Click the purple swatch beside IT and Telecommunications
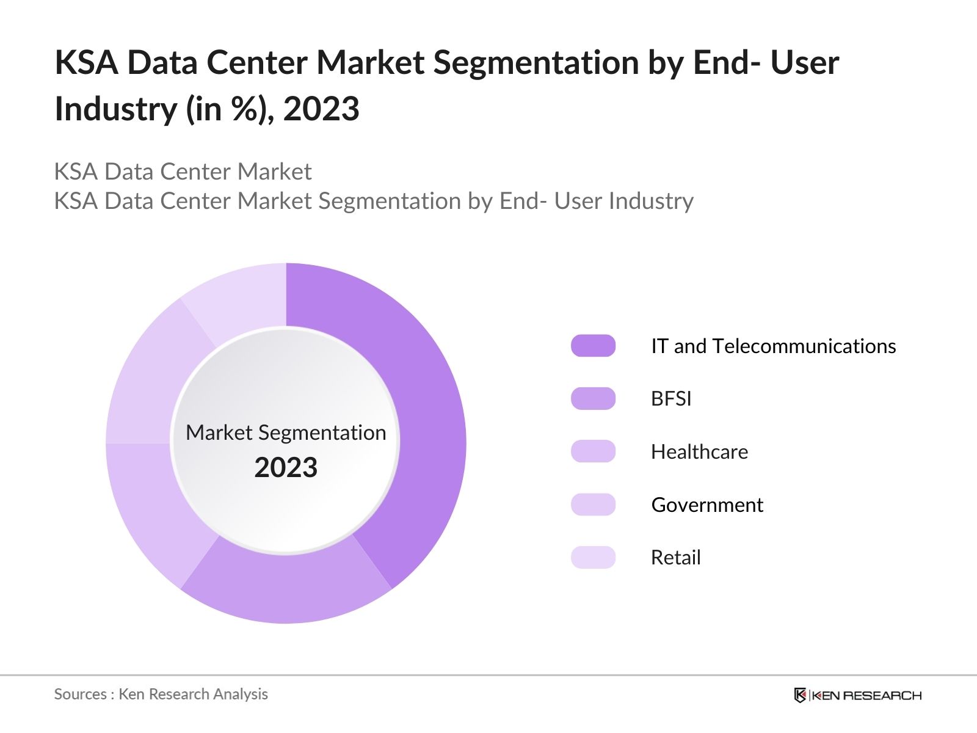coord(593,346)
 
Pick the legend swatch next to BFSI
coord(593,398)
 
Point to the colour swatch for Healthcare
coord(593,451)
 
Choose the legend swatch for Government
coord(593,505)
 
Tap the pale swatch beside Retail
coord(593,557)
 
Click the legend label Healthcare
coord(699,452)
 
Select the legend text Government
coord(707,505)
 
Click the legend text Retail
coord(675,558)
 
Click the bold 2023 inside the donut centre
coord(286,468)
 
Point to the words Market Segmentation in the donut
coord(286,432)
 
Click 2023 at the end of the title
coord(321,109)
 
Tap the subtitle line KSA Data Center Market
coord(183,172)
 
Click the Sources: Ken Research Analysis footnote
coord(161,694)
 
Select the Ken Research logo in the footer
coord(857,695)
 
